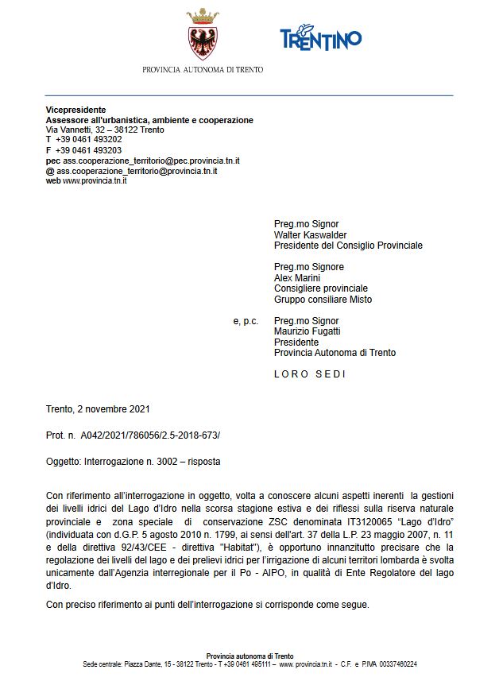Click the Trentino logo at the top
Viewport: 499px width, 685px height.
click(320, 37)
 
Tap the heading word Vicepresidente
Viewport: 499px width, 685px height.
click(75, 110)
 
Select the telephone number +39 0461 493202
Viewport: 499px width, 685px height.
click(88, 139)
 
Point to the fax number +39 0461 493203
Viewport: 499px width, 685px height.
click(88, 149)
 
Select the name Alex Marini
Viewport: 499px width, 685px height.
click(297, 278)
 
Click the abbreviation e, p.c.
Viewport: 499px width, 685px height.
click(246, 321)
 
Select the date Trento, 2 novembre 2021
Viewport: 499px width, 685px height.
click(98, 409)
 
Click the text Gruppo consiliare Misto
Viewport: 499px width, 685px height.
click(323, 300)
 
